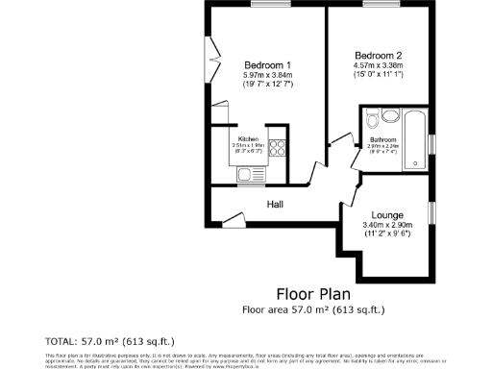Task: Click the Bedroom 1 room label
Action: coord(266,64)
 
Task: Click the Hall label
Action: coord(275,204)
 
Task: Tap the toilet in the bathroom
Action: coord(389,117)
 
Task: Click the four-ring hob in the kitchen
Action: coord(277,149)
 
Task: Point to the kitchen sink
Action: coord(245,175)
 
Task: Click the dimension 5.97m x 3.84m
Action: coord(266,75)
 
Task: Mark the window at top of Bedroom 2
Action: coord(378,5)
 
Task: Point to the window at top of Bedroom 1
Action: coord(266,5)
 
